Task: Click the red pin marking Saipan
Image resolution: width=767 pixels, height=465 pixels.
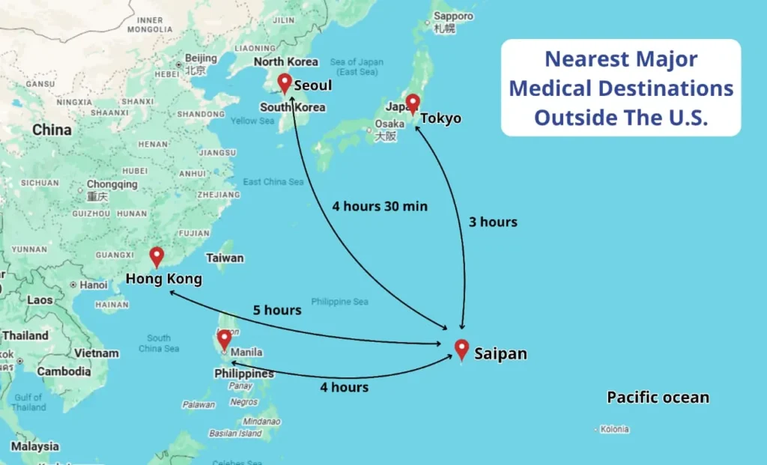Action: pos(461,349)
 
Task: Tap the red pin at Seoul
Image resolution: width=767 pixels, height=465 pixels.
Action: pos(285,82)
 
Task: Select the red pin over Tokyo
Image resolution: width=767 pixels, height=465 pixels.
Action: pos(412,103)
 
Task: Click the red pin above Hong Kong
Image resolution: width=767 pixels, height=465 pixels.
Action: pos(156,256)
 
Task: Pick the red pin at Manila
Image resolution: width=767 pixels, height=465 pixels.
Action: pos(224,339)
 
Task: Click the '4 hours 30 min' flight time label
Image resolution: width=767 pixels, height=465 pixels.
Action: pos(380,206)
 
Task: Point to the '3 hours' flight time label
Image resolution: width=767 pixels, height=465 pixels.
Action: pos(493,222)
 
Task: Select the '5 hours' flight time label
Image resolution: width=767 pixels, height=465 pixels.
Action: pos(277,310)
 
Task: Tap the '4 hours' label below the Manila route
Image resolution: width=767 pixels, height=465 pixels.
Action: pos(345,387)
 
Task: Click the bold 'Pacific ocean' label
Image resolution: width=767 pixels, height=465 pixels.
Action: pos(658,397)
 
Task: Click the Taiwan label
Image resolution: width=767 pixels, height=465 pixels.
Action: pos(225,258)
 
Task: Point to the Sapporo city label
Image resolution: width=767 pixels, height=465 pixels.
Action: pos(454,16)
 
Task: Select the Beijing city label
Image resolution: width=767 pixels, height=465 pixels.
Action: pos(200,58)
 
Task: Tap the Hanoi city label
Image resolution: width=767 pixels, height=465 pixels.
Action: pos(94,285)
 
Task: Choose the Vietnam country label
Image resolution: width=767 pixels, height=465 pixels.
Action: pos(97,353)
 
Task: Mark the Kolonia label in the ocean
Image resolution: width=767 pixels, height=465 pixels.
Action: pos(614,429)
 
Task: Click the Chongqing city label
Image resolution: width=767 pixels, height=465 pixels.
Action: pos(112,184)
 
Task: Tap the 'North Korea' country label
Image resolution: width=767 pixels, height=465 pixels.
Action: pos(285,61)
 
